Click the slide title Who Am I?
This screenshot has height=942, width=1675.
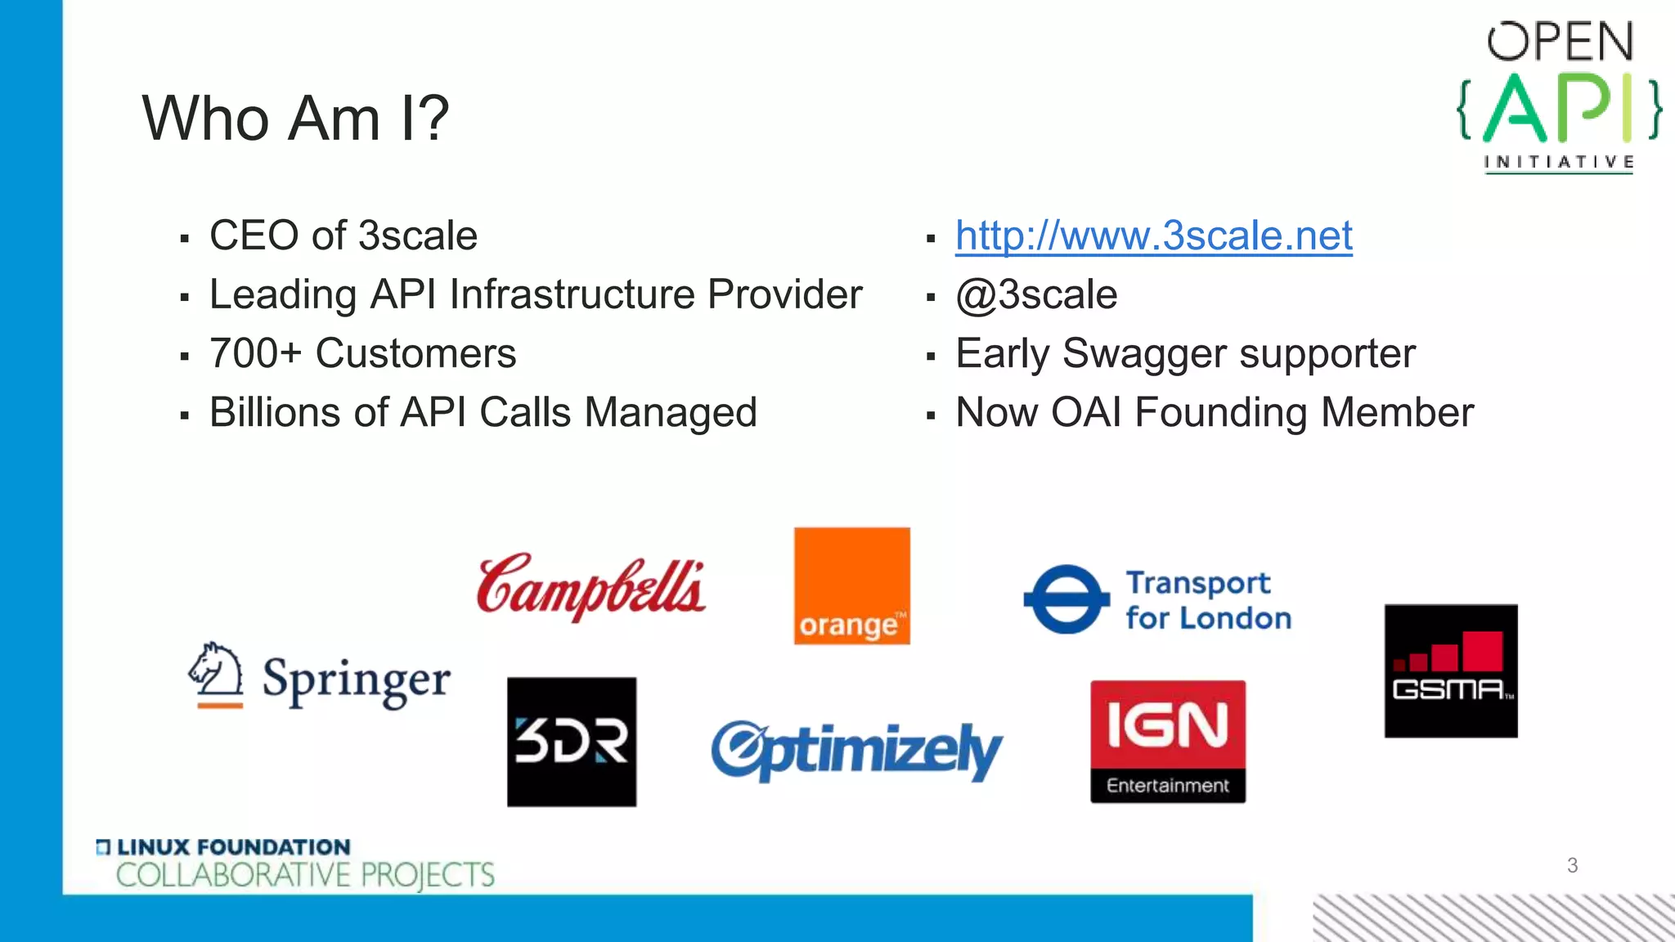click(x=295, y=118)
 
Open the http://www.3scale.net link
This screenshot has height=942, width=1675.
click(x=1153, y=235)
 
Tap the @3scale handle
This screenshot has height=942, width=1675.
click(x=1036, y=294)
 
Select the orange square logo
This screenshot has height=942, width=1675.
click(x=851, y=585)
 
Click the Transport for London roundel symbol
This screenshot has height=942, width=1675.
click(x=1067, y=599)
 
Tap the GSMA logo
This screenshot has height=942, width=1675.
click(x=1450, y=671)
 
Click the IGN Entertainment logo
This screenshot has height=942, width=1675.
click(x=1167, y=741)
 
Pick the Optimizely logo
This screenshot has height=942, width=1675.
click(x=855, y=749)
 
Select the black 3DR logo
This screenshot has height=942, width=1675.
click(x=571, y=741)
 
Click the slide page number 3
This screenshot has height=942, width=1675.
click(x=1571, y=865)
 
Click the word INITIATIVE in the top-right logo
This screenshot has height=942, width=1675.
click(x=1559, y=162)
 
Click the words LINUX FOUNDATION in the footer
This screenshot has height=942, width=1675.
click(x=233, y=847)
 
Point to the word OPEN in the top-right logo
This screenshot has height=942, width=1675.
click(x=1560, y=43)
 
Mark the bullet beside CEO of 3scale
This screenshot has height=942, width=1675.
click(x=185, y=239)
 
